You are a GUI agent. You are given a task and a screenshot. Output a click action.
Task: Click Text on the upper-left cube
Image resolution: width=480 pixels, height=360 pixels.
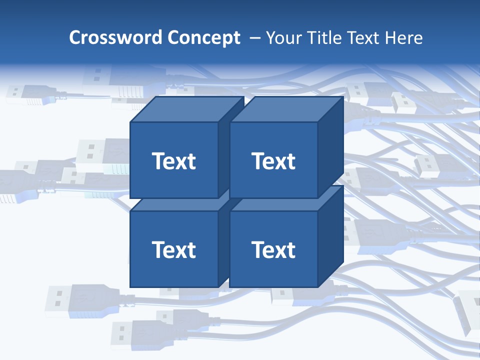pos(173,161)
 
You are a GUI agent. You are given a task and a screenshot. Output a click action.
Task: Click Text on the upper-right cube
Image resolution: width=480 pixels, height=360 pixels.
pos(273,161)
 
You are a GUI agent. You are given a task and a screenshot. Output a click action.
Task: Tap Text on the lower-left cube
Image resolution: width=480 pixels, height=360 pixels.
pos(173,249)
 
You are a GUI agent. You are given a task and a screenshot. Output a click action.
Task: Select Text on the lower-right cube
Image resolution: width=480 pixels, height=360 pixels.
pos(273,249)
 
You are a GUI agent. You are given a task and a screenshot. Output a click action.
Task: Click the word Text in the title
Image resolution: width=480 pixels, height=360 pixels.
pos(364,38)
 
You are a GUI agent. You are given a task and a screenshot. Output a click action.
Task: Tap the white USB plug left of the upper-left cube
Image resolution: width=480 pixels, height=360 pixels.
pos(97,152)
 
